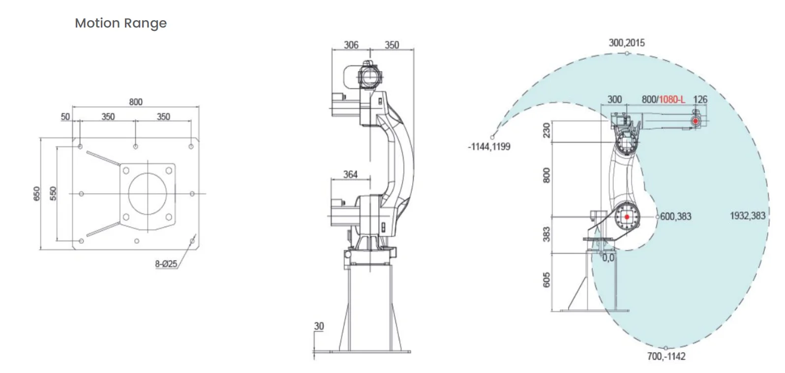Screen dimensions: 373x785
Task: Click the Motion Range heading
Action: [x=121, y=23]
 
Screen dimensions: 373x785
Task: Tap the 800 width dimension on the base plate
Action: [x=136, y=102]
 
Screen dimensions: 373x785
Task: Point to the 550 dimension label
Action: [x=54, y=193]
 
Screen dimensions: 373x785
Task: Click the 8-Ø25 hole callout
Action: [x=166, y=264]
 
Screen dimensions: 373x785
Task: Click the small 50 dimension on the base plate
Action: [x=65, y=117]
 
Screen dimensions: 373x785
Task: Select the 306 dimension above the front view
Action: [x=351, y=45]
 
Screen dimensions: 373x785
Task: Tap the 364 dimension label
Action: [x=350, y=174]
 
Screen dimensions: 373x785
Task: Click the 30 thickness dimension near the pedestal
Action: [x=319, y=326]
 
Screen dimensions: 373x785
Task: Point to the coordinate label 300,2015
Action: [x=627, y=43]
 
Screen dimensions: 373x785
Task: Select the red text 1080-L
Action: [x=672, y=99]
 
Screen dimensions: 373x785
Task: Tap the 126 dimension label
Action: [x=700, y=99]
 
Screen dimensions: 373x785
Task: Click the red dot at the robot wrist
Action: [x=696, y=121]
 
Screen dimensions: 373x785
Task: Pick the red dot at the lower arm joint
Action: [x=627, y=217]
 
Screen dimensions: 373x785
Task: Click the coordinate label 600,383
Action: [x=675, y=216]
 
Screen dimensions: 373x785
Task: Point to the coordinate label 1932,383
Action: [x=748, y=215]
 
